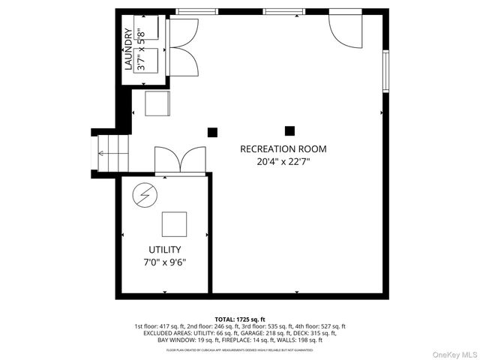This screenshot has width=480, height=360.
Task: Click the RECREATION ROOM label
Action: click(283, 148)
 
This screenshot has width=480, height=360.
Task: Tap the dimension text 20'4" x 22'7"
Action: click(283, 160)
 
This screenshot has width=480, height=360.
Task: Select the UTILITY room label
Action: click(164, 250)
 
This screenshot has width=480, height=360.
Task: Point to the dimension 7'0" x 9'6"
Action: click(164, 262)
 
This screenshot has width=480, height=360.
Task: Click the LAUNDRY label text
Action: click(127, 49)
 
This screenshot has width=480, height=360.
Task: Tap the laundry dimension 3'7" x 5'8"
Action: click(139, 49)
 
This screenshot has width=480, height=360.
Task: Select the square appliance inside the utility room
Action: click(174, 223)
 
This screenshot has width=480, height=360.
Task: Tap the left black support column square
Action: click(212, 132)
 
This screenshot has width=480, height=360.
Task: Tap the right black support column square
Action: click(289, 130)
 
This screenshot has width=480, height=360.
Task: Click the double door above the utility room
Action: click(179, 159)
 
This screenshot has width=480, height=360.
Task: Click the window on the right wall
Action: click(385, 72)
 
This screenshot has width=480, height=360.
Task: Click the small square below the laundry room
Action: click(157, 103)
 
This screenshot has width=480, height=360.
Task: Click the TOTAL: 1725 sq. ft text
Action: click(240, 319)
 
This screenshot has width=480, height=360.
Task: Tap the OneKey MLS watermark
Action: click(451, 351)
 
